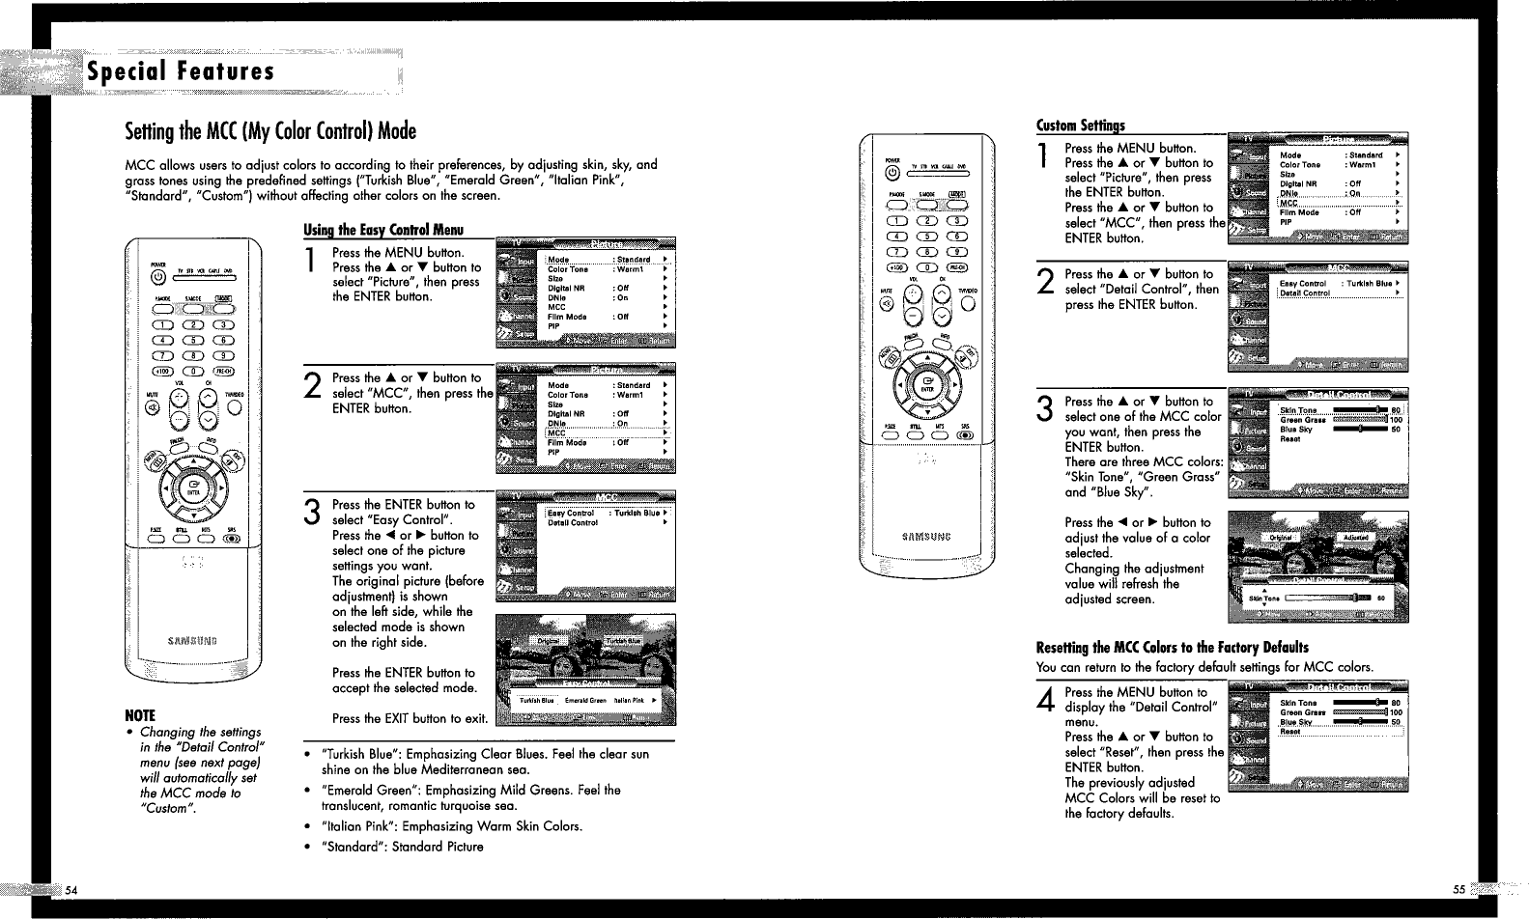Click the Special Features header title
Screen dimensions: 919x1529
(x=181, y=72)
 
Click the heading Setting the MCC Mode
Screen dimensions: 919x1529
(x=271, y=131)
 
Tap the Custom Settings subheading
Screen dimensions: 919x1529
(x=1080, y=125)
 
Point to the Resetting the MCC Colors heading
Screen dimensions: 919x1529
(x=1172, y=647)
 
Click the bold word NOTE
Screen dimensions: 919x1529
(x=139, y=715)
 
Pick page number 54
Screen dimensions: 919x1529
(x=71, y=889)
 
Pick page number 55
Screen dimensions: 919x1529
(x=1458, y=889)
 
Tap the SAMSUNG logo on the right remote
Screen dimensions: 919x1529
(x=928, y=538)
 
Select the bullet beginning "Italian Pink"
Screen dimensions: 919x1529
(x=452, y=826)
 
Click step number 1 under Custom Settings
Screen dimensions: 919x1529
(x=1044, y=157)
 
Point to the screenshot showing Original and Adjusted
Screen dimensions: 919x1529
(x=1317, y=567)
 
